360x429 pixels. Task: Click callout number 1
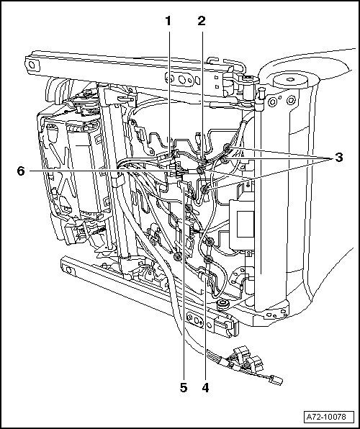click(168, 21)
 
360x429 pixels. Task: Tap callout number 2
click(202, 21)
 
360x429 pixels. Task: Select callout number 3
click(339, 158)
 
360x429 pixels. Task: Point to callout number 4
click(205, 388)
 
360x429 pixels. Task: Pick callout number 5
click(184, 388)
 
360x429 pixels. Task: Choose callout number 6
click(21, 171)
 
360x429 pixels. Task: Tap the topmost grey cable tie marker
click(227, 148)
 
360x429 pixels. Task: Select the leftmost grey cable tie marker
click(178, 257)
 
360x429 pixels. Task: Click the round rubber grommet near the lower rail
click(223, 304)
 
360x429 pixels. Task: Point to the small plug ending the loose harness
click(276, 380)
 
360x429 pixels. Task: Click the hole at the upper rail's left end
click(32, 65)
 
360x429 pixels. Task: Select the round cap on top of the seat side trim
click(290, 80)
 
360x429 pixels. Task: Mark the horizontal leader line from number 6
click(101, 171)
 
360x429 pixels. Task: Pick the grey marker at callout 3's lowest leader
click(204, 189)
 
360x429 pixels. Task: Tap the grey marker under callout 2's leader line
click(201, 170)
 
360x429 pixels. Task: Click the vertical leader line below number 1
click(169, 92)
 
